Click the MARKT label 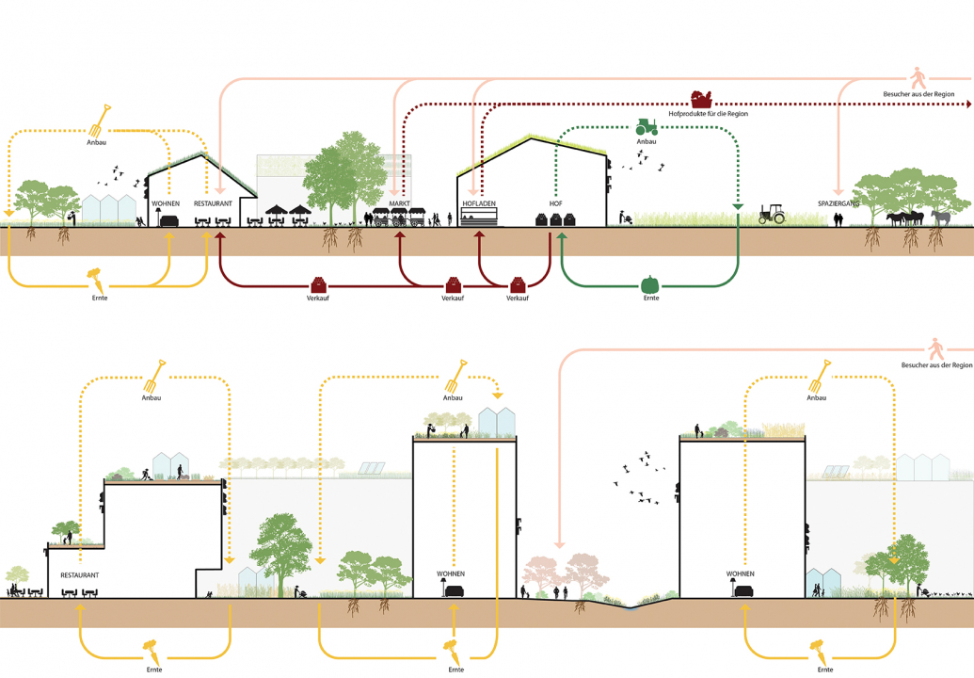click(400, 203)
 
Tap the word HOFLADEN click(478, 203)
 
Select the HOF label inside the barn click(556, 203)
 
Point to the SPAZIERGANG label click(838, 203)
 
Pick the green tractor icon click(647, 125)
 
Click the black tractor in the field click(773, 215)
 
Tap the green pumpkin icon click(649, 283)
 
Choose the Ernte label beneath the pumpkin click(650, 299)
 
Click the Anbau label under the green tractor click(647, 142)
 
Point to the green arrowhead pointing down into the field click(739, 207)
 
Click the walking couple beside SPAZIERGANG click(838, 219)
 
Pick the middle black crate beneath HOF click(556, 219)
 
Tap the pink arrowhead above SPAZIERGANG click(838, 190)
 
